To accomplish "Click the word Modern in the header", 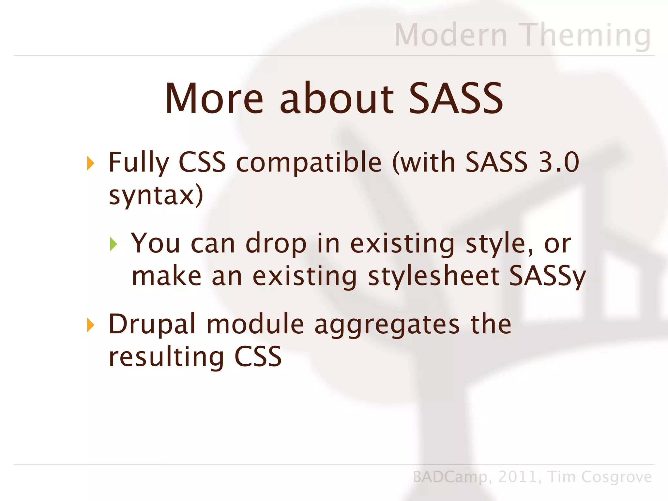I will [x=451, y=35].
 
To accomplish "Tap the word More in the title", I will [x=214, y=99].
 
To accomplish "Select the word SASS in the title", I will [x=456, y=99].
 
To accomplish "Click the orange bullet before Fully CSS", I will [x=90, y=163].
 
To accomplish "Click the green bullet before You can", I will [x=113, y=244].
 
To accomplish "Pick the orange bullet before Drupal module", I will [x=90, y=325].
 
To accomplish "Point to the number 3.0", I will [x=558, y=162].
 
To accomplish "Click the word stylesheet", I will [x=434, y=276].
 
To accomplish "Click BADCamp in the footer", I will [x=450, y=477].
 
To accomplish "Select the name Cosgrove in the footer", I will [x=616, y=477].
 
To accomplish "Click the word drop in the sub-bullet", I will [x=276, y=244].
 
